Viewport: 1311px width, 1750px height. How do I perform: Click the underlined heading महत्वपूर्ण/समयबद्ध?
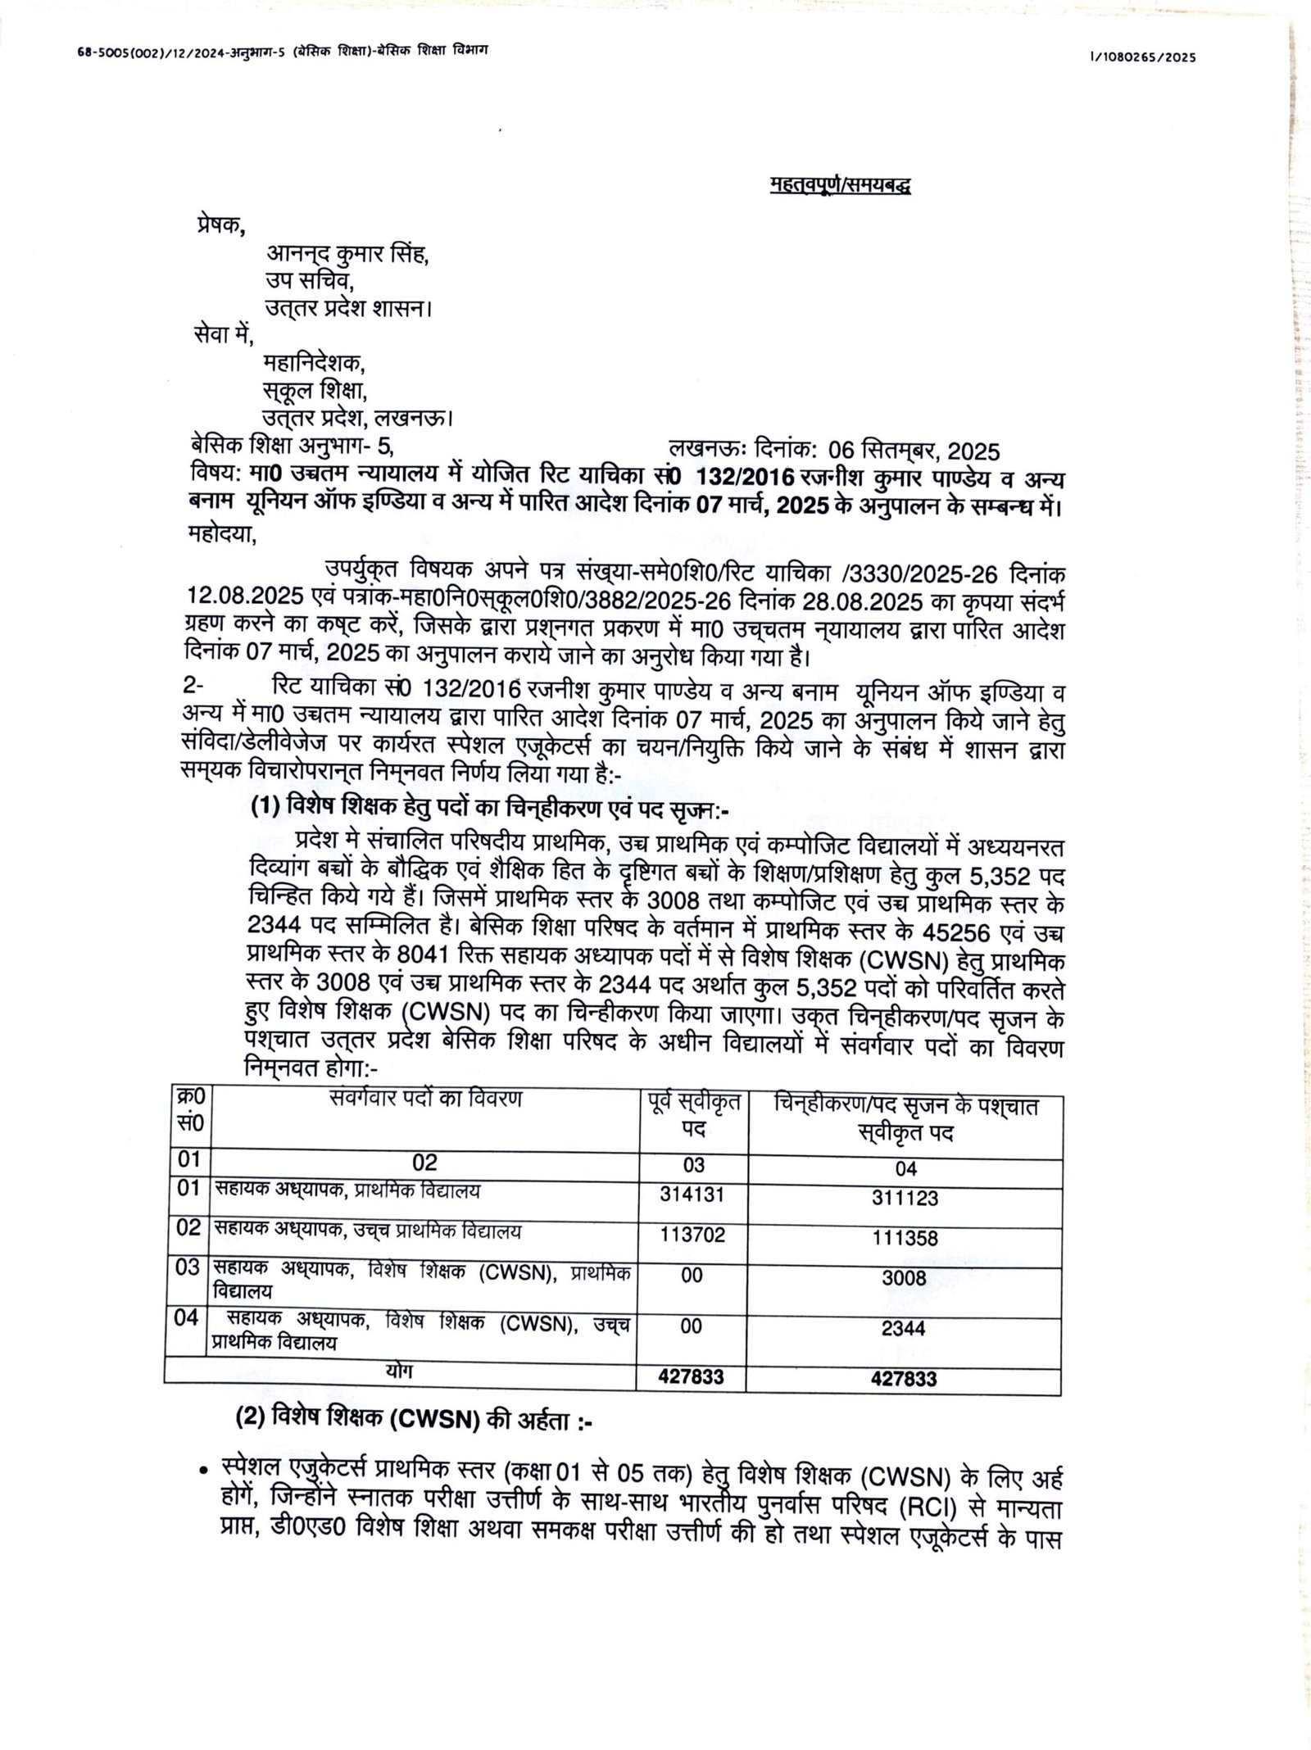841,186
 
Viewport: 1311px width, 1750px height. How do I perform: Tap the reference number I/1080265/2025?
1142,57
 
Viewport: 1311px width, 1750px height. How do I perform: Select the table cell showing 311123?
905,1198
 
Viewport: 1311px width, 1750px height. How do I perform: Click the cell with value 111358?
905,1237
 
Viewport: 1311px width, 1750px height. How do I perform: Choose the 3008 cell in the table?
904,1277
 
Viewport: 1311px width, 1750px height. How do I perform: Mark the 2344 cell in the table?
904,1328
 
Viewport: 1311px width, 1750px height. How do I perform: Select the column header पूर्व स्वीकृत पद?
692,1116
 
